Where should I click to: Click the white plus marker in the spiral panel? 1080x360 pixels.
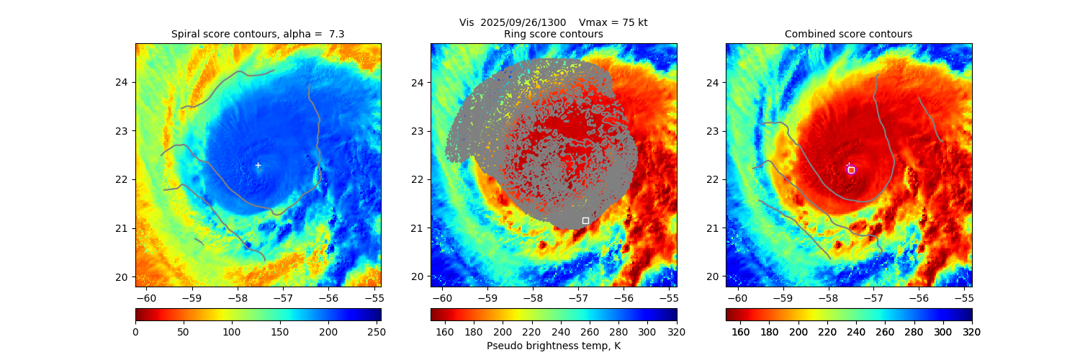click(258, 166)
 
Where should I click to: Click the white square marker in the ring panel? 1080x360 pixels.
click(585, 220)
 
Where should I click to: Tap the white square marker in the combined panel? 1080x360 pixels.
click(851, 170)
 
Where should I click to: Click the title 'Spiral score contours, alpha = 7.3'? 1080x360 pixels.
click(258, 35)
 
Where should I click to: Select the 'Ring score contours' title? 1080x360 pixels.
click(554, 35)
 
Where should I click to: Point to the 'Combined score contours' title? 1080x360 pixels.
click(848, 35)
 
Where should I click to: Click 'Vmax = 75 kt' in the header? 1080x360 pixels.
click(613, 22)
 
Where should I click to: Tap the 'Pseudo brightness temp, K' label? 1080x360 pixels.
click(554, 346)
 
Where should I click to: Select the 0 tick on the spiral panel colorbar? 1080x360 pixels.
click(135, 332)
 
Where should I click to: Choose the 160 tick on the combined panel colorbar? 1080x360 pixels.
click(741, 332)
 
